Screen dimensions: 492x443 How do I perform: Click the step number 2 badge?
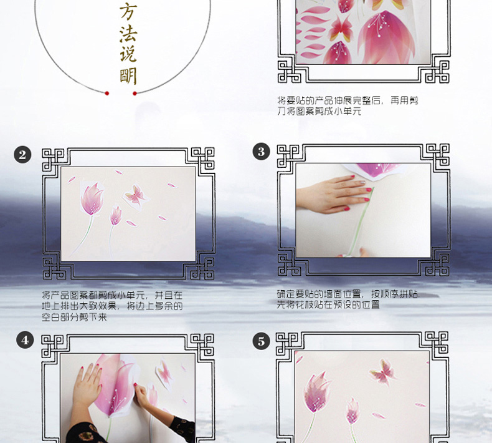(22, 155)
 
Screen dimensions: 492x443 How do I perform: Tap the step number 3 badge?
(262, 152)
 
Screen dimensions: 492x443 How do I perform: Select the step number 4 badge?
(25, 340)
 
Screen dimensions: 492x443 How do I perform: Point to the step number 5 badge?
(262, 341)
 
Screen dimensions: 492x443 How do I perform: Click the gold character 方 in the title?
(128, 11)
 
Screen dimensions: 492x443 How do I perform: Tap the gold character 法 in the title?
(128, 34)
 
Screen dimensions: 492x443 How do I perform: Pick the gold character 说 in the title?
(128, 53)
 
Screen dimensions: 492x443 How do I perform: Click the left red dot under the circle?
(107, 94)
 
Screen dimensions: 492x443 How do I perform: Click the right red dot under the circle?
(135, 94)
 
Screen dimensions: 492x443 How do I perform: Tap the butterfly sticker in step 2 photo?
(135, 195)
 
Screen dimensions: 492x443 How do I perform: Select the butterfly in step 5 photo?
(383, 372)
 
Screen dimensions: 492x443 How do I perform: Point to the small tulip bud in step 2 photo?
(115, 216)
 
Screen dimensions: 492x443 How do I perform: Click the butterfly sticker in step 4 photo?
(164, 373)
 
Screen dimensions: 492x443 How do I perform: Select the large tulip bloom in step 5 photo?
(317, 392)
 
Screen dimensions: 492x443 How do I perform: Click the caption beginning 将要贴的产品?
(348, 105)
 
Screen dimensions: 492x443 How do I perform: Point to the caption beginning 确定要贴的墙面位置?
(348, 299)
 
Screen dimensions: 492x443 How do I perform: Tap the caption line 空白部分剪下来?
(74, 317)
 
